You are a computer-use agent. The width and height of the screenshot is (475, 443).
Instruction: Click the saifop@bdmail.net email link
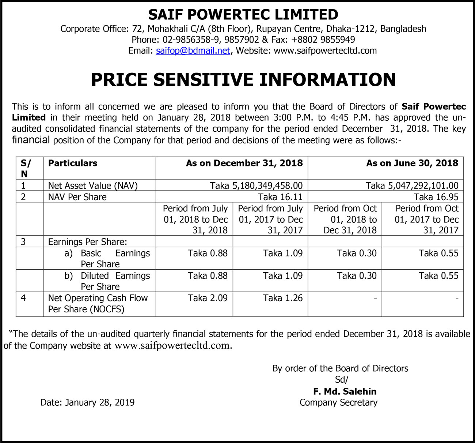tap(193, 50)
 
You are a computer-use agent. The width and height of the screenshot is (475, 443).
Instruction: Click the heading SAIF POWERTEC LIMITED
tap(243, 15)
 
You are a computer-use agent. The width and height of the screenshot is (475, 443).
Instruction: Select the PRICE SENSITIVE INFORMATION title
tap(243, 80)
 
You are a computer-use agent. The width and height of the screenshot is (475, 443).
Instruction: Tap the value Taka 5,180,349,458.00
tap(256, 185)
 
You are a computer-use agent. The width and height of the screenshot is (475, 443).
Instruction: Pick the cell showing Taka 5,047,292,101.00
tap(412, 185)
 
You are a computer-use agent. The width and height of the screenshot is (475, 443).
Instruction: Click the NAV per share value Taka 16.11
tap(280, 197)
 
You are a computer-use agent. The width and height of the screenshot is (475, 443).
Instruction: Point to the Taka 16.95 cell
tap(436, 197)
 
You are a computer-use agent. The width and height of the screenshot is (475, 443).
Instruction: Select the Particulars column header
tap(73, 163)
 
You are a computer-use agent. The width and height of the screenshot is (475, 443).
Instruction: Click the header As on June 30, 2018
tap(412, 163)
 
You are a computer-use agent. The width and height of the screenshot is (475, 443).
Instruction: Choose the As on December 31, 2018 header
tap(244, 163)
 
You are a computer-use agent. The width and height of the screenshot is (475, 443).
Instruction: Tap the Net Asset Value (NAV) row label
tap(93, 185)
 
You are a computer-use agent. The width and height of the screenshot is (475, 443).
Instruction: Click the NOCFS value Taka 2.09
tap(208, 298)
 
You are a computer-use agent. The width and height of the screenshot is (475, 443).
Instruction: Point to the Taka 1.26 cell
tap(283, 298)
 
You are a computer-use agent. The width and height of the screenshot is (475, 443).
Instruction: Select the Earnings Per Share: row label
tap(88, 242)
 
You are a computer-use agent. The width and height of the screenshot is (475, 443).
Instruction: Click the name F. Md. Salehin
tap(345, 391)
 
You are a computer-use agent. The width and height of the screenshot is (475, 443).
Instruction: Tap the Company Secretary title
tap(338, 402)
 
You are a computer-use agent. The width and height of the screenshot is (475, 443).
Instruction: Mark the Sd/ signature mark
tap(342, 380)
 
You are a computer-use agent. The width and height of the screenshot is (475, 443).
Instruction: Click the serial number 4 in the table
tap(23, 298)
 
